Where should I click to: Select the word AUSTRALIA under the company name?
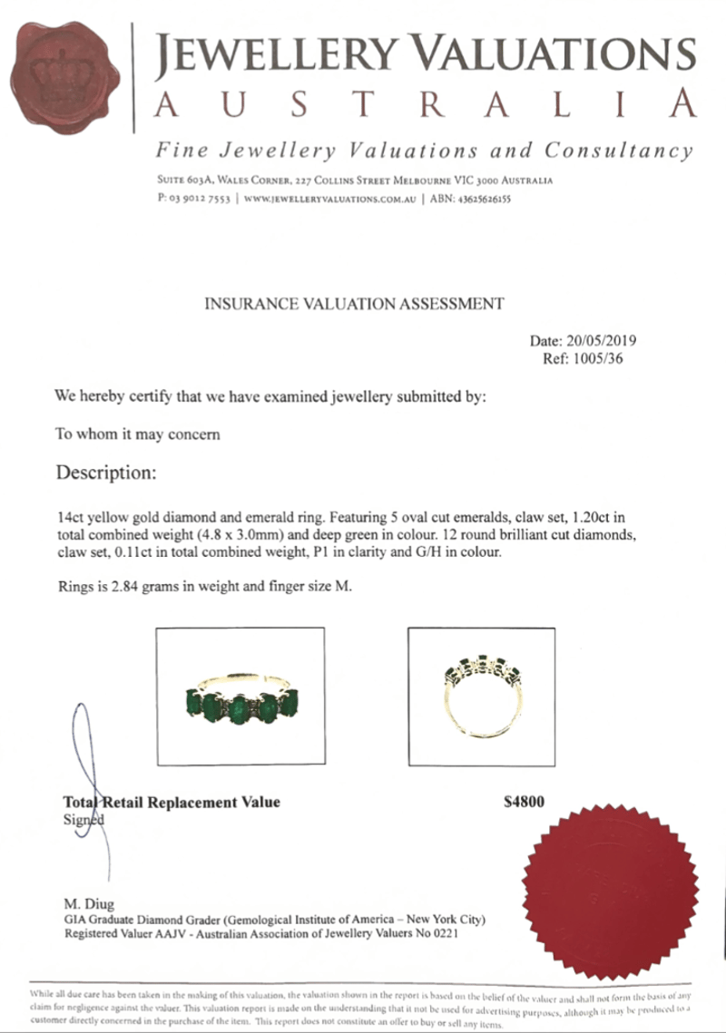click(x=427, y=105)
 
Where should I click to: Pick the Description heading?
click(x=106, y=473)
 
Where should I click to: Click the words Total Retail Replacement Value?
click(x=172, y=803)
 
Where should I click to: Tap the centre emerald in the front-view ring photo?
click(x=239, y=708)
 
